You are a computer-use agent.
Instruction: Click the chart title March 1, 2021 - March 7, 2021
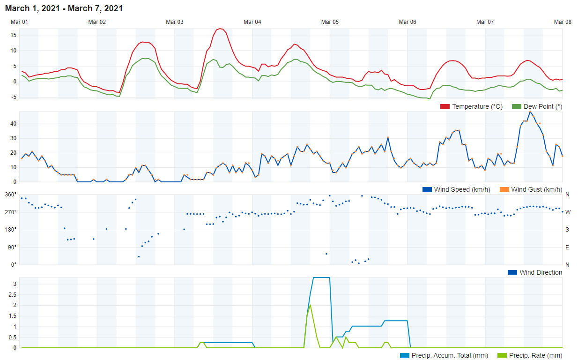(x=64, y=8)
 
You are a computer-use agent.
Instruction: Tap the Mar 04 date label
(x=252, y=22)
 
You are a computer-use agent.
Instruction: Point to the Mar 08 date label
(x=563, y=22)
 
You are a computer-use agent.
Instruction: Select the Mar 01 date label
(x=20, y=22)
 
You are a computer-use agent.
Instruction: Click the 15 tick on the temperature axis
(x=14, y=35)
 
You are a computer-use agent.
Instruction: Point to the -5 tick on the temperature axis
(x=14, y=97)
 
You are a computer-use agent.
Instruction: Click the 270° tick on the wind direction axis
(x=11, y=212)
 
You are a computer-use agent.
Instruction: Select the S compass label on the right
(x=567, y=230)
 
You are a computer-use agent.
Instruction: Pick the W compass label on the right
(x=568, y=212)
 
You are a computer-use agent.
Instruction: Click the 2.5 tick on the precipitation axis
(x=13, y=294)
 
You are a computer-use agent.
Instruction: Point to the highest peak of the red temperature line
(x=220, y=29)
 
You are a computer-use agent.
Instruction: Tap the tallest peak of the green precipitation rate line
(x=310, y=305)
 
